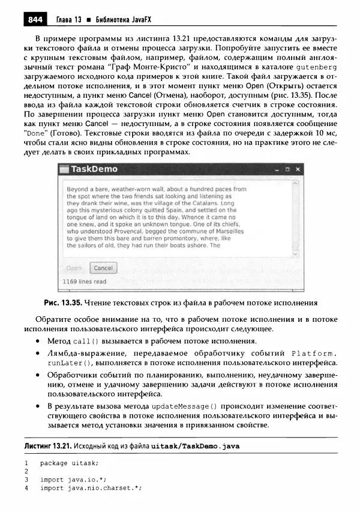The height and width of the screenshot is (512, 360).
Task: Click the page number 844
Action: [x=35, y=20]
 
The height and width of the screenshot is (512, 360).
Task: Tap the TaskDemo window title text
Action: [x=94, y=169]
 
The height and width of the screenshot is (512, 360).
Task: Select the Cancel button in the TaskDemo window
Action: [x=103, y=268]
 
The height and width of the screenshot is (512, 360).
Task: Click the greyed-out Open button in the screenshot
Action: [x=74, y=268]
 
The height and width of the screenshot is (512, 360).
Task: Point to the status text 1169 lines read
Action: [x=85, y=282]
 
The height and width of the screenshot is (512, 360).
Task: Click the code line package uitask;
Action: [x=69, y=463]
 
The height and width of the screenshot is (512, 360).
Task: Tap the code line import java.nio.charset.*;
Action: [x=91, y=487]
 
